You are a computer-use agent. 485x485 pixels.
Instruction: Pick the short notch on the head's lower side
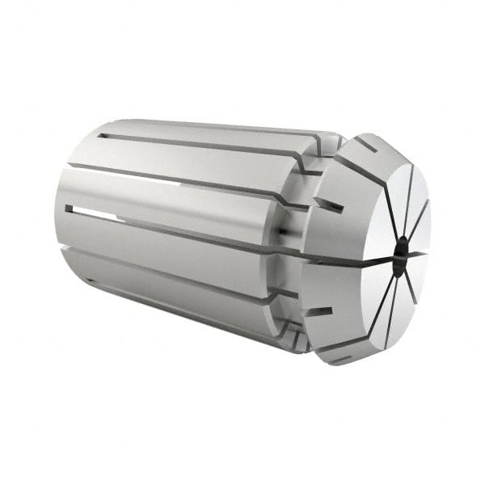[x=322, y=311]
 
